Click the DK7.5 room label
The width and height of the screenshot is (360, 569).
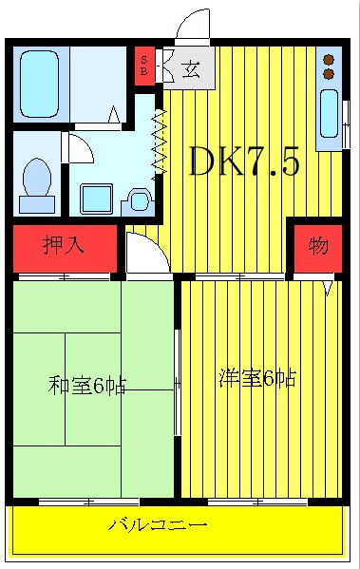(245, 162)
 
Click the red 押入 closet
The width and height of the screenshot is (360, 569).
(64, 246)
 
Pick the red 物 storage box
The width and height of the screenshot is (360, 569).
(317, 246)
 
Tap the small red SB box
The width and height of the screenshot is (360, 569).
(144, 66)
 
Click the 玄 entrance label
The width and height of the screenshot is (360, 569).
(190, 68)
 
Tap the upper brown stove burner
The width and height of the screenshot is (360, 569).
(330, 57)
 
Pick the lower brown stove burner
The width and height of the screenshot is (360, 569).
(330, 72)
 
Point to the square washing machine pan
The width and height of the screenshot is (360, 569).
(96, 198)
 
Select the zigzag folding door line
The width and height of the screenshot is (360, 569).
(160, 141)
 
